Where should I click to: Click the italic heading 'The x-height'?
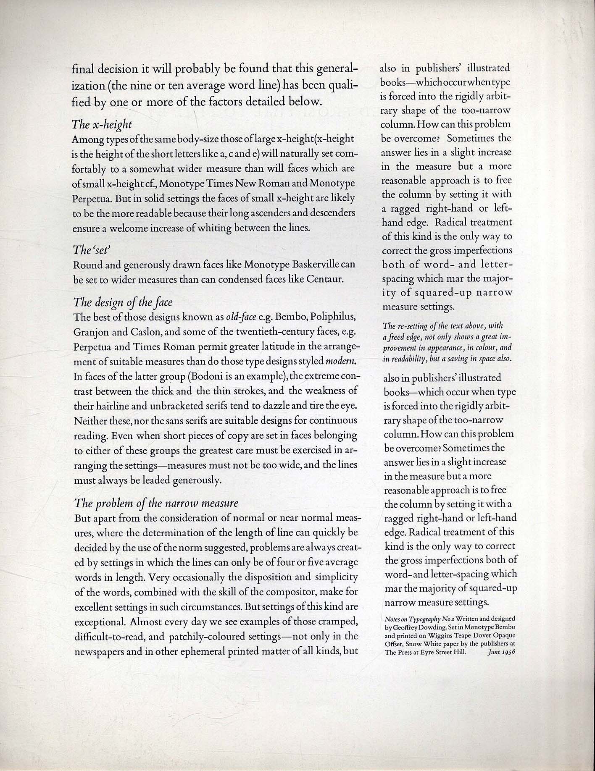[102, 124]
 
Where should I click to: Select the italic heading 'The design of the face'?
[123, 302]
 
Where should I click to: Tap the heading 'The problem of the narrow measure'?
[156, 503]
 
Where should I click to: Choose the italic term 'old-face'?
[241, 316]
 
